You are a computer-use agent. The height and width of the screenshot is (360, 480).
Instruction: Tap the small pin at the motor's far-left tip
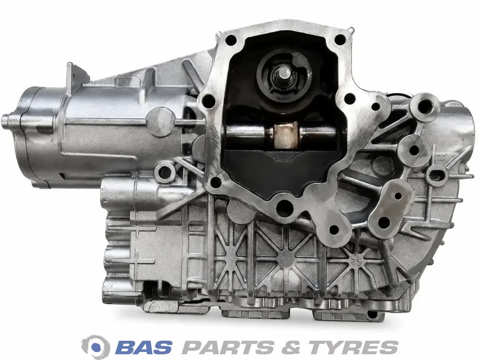click(4, 118)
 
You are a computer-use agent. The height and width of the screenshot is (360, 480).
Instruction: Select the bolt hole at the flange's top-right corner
click(339, 39)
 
